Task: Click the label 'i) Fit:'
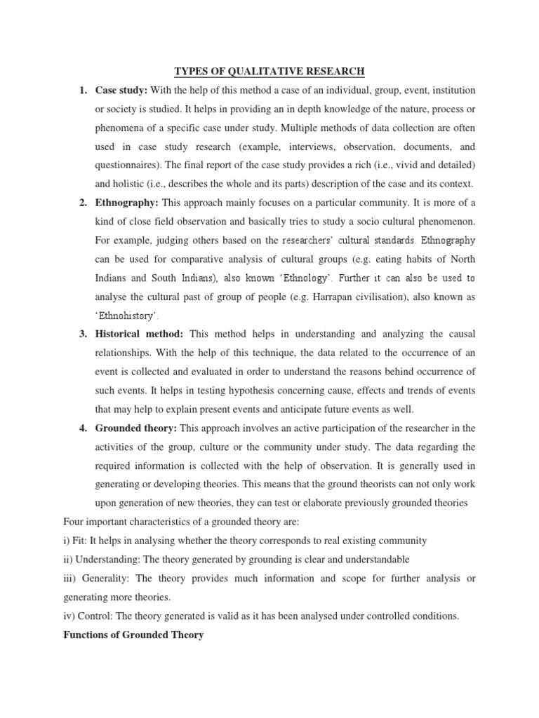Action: (78, 542)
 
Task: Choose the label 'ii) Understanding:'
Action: (102, 560)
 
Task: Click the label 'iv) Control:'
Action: (90, 617)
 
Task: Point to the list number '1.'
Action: (83, 90)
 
